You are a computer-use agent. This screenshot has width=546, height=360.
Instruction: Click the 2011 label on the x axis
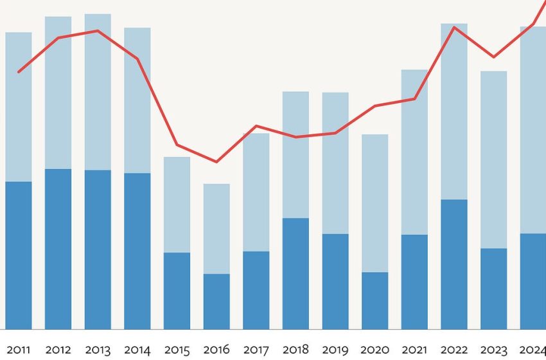(x=18, y=350)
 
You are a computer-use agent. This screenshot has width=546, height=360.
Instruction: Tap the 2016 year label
(x=216, y=350)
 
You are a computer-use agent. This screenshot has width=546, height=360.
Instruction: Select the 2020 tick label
(x=375, y=350)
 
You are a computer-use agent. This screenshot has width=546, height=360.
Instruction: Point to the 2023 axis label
(x=493, y=350)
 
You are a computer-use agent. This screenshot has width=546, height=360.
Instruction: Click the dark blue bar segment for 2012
(x=58, y=249)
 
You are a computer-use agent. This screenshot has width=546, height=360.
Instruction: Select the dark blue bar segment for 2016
(x=216, y=301)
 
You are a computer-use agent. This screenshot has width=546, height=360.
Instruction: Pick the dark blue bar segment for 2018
(x=295, y=274)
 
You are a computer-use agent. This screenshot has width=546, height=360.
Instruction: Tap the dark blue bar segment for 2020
(x=375, y=301)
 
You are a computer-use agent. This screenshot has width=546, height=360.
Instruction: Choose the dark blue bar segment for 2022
(x=454, y=264)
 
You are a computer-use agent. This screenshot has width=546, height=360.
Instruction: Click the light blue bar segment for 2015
(x=177, y=204)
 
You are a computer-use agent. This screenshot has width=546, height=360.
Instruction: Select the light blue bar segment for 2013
(x=98, y=92)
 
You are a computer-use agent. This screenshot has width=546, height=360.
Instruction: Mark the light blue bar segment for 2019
(x=335, y=163)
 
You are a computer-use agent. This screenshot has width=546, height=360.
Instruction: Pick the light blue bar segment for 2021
(x=414, y=152)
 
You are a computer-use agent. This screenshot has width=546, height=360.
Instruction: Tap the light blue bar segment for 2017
(x=256, y=192)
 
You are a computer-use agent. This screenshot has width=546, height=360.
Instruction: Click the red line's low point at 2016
(x=216, y=161)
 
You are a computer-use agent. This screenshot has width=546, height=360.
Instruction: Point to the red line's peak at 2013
(x=98, y=31)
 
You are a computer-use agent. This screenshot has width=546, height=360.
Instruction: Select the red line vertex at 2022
(x=454, y=28)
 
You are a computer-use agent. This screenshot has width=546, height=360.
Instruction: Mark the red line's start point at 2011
(x=18, y=72)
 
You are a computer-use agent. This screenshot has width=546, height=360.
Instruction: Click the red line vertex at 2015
(x=177, y=145)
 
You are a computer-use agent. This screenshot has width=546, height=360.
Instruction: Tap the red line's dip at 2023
(x=493, y=57)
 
